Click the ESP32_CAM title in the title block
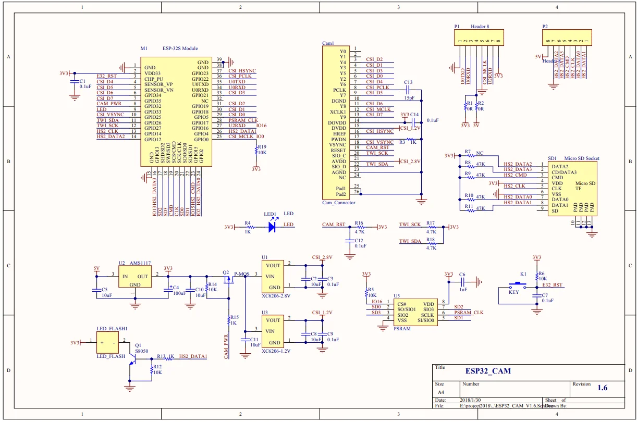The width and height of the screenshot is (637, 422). point(488,371)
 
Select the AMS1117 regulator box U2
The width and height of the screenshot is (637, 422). point(134,277)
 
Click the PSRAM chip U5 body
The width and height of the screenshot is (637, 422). point(415,312)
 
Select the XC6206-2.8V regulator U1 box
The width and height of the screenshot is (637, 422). point(272,276)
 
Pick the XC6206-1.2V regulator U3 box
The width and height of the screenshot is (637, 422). point(272,331)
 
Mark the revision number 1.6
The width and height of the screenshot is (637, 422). point(602,388)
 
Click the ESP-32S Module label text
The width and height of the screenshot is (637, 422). point(180,48)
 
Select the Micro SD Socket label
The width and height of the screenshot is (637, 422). point(581,158)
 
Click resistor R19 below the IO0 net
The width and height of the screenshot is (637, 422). point(256,150)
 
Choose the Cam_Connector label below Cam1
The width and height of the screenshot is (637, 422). point(338,202)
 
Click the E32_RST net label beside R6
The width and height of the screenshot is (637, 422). point(552,286)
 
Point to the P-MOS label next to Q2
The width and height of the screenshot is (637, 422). point(242,274)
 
